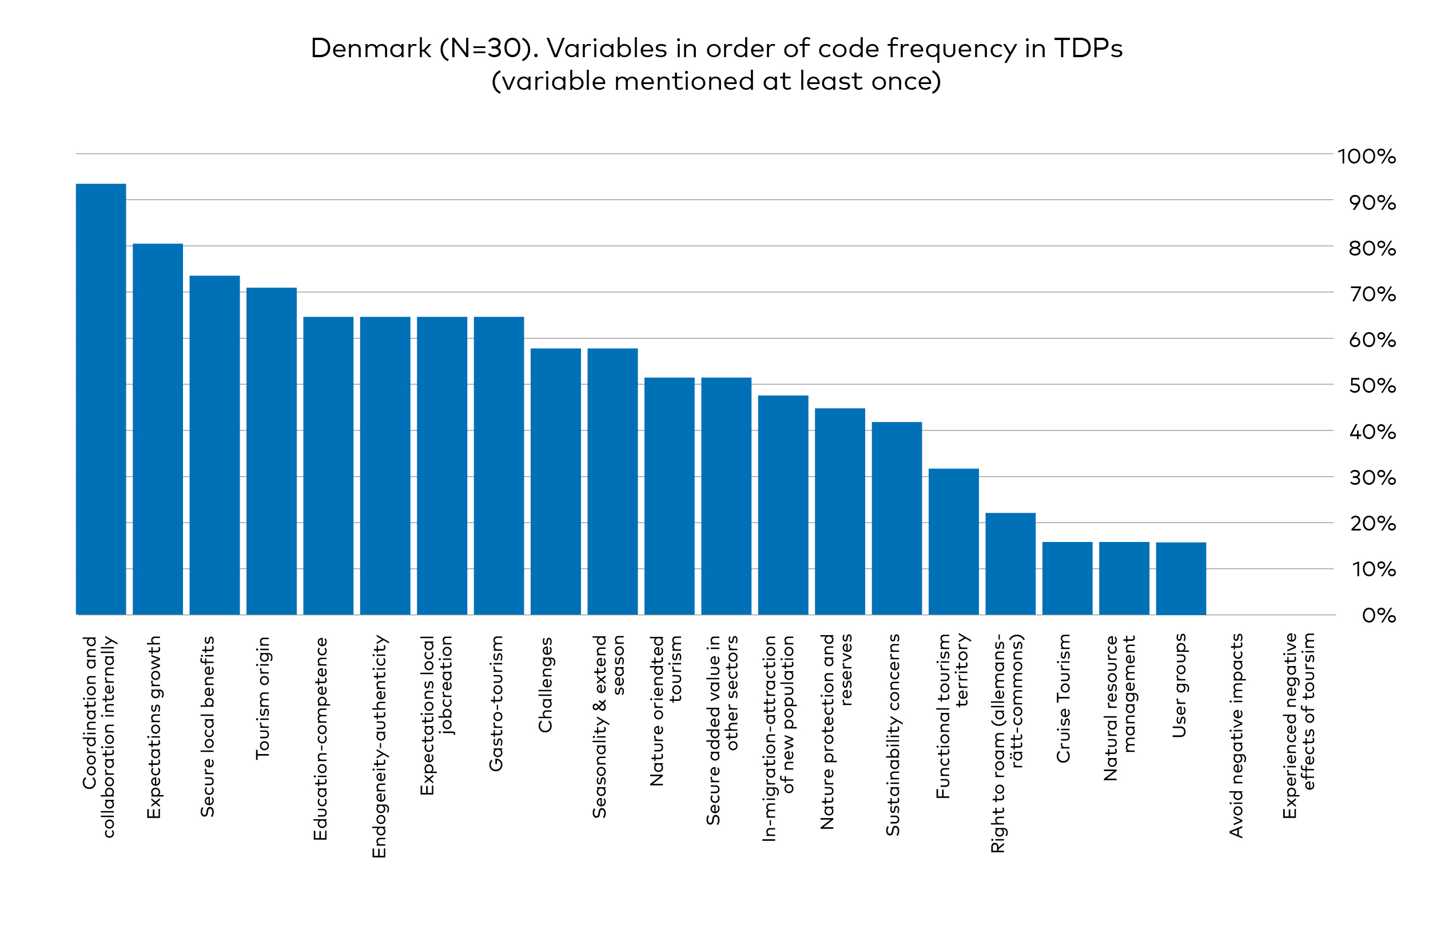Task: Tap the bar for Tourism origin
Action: (272, 451)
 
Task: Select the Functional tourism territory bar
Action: (953, 541)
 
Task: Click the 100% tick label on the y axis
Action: (1366, 157)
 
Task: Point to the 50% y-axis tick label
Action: (1372, 386)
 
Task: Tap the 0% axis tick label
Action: (1378, 615)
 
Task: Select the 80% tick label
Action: (1372, 248)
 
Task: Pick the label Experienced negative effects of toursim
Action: (1299, 725)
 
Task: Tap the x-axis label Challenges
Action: (546, 684)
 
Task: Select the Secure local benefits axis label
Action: (208, 726)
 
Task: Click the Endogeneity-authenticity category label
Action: (379, 746)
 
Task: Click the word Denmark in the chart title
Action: (371, 48)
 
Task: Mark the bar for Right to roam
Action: (1010, 564)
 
